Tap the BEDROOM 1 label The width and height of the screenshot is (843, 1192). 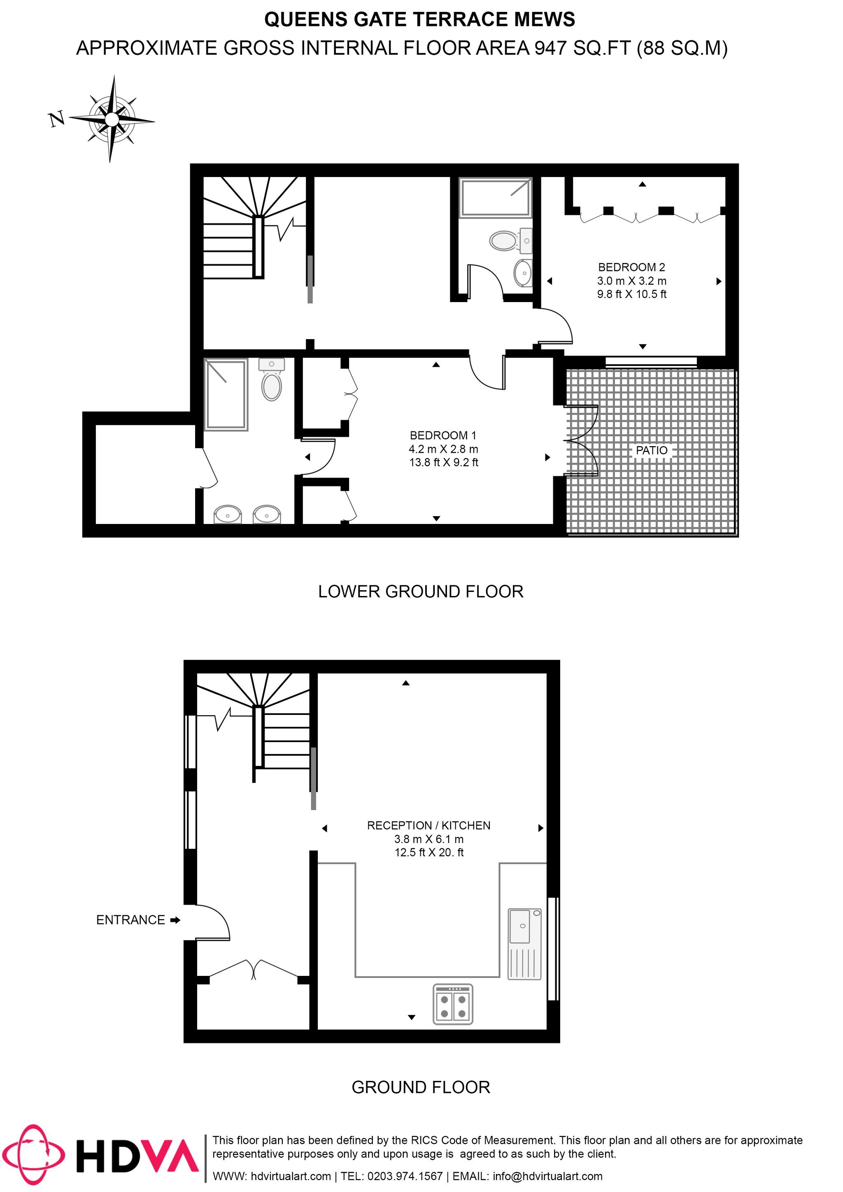point(443,435)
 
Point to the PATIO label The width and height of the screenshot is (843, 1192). point(652,450)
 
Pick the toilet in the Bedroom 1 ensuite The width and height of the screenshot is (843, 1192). point(272,380)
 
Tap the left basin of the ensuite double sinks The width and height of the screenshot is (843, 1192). point(227,515)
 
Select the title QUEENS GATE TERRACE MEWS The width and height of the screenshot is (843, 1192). point(419,20)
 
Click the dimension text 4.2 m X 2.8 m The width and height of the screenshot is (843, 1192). point(443,449)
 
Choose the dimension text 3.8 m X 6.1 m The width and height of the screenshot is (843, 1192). point(429,839)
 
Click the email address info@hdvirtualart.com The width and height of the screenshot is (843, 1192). point(547,1176)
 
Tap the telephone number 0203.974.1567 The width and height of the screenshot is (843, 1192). point(405,1176)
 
